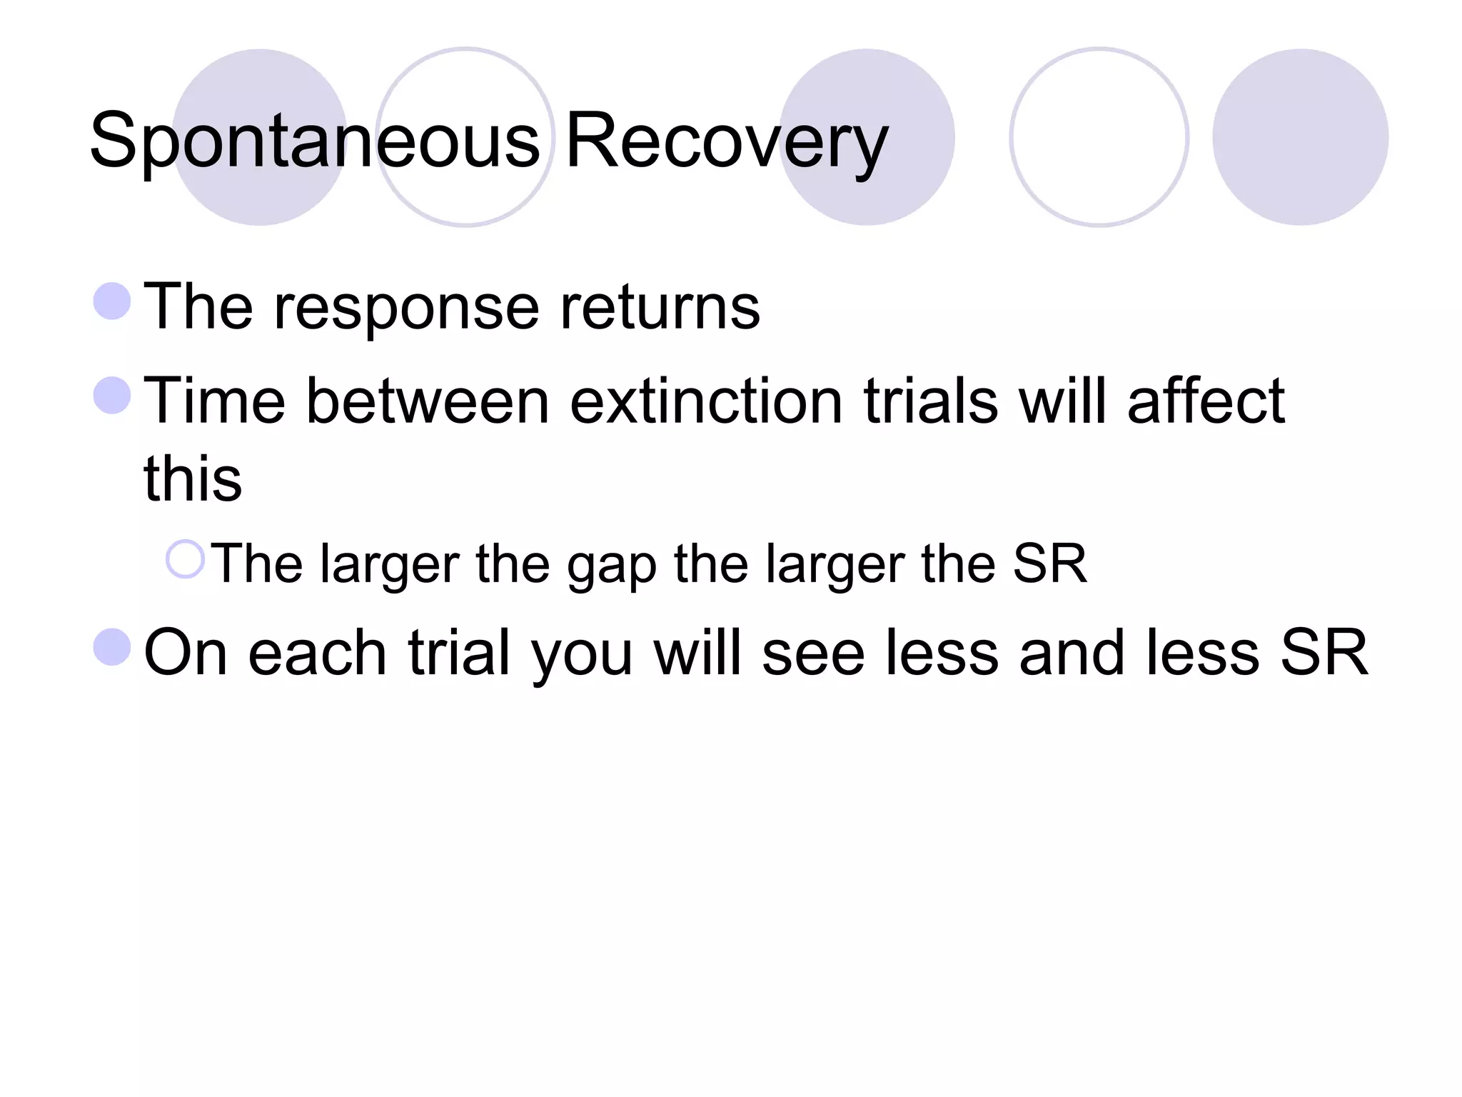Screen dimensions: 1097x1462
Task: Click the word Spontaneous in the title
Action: (x=315, y=141)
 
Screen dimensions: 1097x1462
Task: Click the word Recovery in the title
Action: (x=726, y=141)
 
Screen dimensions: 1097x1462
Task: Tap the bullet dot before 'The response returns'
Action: (x=112, y=301)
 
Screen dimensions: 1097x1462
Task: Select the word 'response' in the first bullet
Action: (x=406, y=309)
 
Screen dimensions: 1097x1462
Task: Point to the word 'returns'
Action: (x=660, y=309)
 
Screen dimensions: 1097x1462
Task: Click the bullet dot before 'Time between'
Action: (x=112, y=395)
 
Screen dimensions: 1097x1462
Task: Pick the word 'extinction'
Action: (x=706, y=401)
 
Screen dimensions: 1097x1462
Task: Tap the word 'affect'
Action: (x=1206, y=401)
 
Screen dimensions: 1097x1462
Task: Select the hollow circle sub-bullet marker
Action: (x=185, y=558)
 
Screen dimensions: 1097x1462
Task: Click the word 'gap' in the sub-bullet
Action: (x=611, y=566)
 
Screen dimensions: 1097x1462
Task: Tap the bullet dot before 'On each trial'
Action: (x=112, y=646)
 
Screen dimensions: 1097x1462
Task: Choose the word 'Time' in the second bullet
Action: (x=214, y=401)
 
